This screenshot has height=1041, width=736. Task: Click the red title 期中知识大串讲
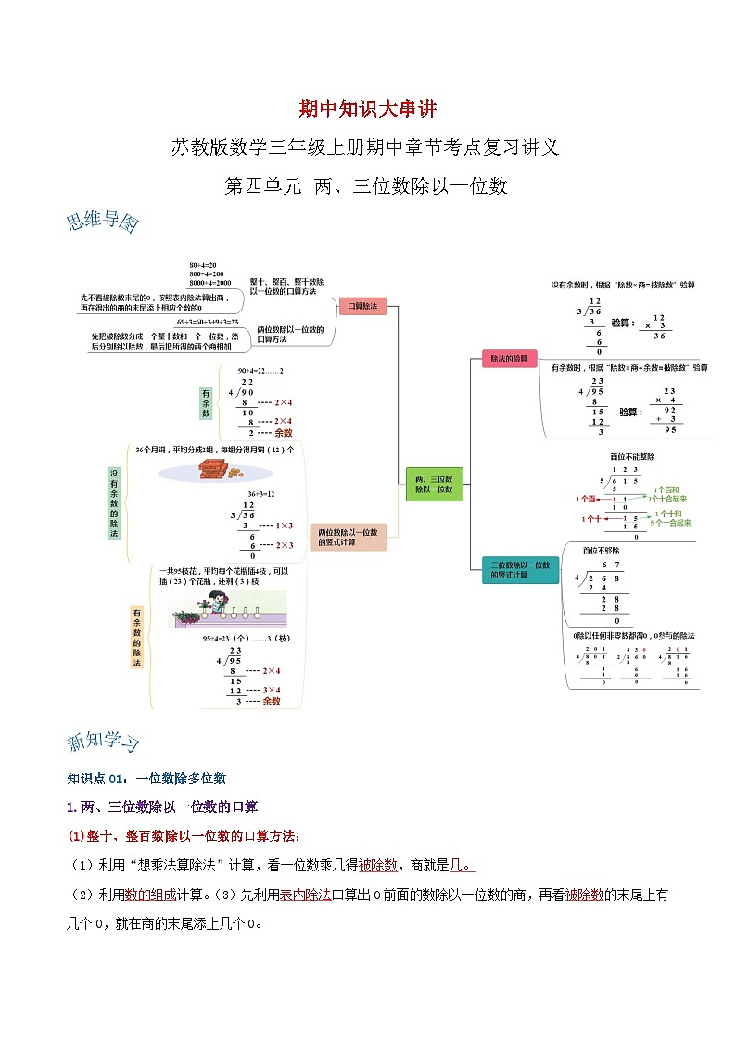click(367, 108)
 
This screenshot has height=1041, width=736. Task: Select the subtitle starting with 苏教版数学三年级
click(367, 146)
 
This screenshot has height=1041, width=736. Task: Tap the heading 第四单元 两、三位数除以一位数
click(367, 185)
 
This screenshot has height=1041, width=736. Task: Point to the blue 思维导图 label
click(102, 223)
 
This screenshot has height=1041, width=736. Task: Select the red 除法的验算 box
click(509, 359)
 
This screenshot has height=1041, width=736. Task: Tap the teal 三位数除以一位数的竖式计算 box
click(520, 569)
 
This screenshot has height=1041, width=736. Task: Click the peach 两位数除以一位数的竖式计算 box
click(348, 538)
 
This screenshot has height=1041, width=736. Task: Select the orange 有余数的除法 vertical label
click(136, 638)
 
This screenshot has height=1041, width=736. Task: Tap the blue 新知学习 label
click(104, 743)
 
